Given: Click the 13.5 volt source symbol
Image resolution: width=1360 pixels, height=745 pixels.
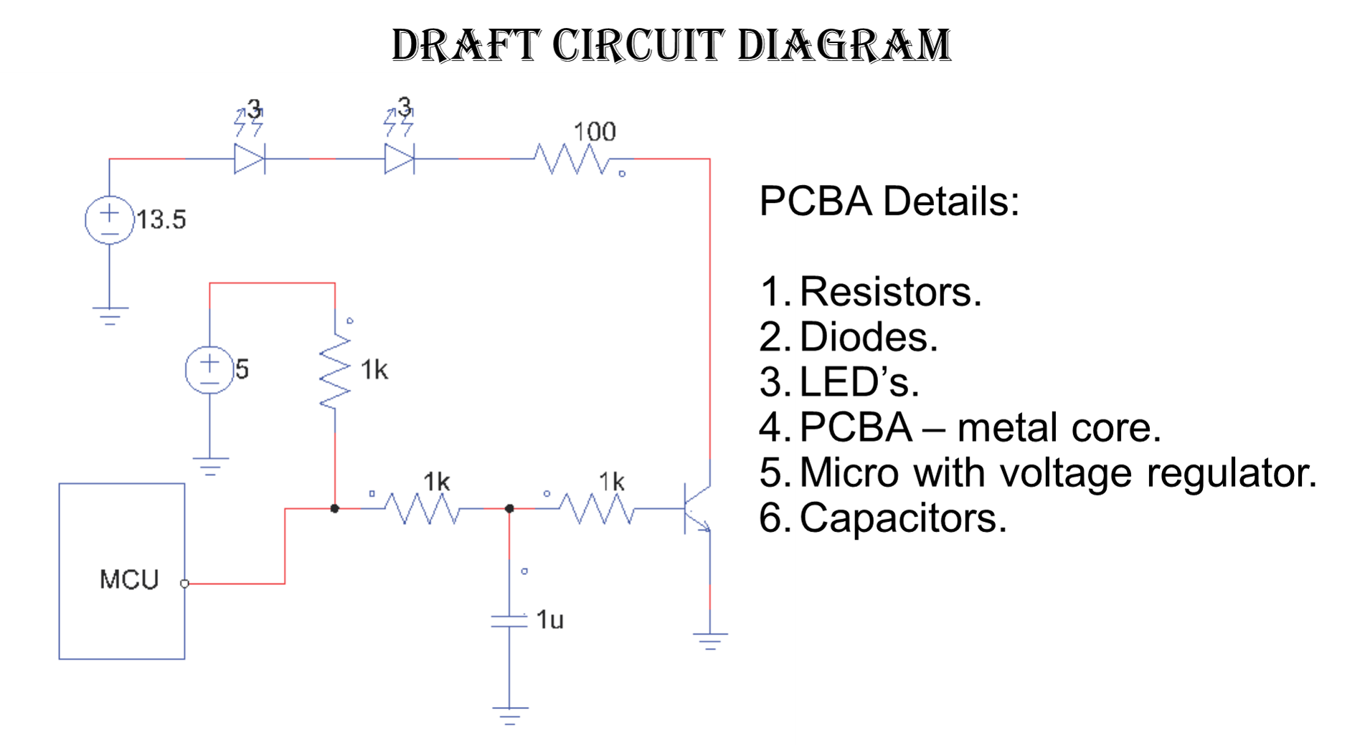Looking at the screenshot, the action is pos(109,219).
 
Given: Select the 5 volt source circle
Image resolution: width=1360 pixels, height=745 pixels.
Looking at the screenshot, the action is pos(209,369).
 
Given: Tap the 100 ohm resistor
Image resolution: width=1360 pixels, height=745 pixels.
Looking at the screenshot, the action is pos(572,159).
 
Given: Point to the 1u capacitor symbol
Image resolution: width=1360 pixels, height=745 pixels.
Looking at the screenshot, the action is pos(509,620).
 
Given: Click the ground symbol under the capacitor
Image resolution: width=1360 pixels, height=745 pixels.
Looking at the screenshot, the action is pos(509,716).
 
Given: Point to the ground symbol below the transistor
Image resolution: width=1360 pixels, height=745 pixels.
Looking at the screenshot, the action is pos(710,641).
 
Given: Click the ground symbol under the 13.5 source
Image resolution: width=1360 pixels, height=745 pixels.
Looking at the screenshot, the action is pos(110,315).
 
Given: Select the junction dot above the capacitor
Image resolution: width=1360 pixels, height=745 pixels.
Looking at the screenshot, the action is pos(509,508).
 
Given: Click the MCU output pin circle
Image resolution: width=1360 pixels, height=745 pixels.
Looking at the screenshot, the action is pos(184,584).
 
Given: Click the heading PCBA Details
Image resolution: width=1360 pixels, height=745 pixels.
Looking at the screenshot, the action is pos(889,201).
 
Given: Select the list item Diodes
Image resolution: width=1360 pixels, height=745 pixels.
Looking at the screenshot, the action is pos(869,337).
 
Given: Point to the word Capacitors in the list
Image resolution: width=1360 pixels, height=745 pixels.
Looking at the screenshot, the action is pos(903,518).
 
